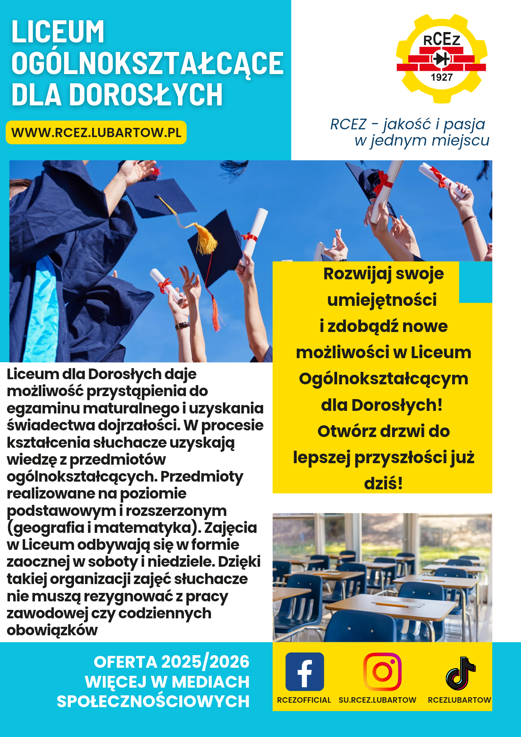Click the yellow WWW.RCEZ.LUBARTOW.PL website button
[x=96, y=132]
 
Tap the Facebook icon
[x=305, y=671]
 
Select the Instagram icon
[x=382, y=671]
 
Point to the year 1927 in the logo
[x=441, y=77]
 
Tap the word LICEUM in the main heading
[x=58, y=32]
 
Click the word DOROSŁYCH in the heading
[x=146, y=95]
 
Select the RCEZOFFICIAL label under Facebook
[x=304, y=700]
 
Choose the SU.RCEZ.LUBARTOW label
[x=377, y=700]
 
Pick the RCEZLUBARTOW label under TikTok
[x=459, y=700]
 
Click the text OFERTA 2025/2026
[x=171, y=662]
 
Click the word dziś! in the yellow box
[x=383, y=483]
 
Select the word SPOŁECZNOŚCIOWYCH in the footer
[x=153, y=701]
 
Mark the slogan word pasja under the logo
[x=464, y=124]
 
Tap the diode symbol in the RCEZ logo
[x=441, y=59]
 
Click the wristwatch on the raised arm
[x=182, y=325]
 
